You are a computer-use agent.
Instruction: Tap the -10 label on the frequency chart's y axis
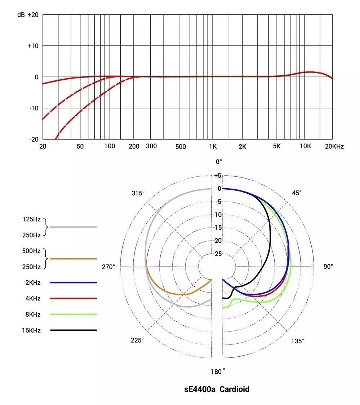pyautogui.click(x=34, y=108)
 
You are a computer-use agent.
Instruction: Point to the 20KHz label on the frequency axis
pyautogui.click(x=334, y=146)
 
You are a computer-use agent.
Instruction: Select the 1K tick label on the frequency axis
pyautogui.click(x=213, y=147)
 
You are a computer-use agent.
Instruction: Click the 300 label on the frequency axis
pyautogui.click(x=151, y=146)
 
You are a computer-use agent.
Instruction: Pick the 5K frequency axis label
pyautogui.click(x=276, y=146)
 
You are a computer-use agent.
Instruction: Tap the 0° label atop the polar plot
pyautogui.click(x=219, y=162)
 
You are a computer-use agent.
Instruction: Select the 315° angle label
pyautogui.click(x=138, y=193)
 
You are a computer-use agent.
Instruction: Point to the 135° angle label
pyautogui.click(x=298, y=341)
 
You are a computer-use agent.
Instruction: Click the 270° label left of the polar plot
pyautogui.click(x=108, y=267)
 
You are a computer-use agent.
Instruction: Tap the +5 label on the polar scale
pyautogui.click(x=217, y=176)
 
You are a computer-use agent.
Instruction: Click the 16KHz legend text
pyautogui.click(x=31, y=330)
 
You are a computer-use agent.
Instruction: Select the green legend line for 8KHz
pyautogui.click(x=74, y=314)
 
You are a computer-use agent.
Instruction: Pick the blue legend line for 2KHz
pyautogui.click(x=74, y=283)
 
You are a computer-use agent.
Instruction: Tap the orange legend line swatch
pyautogui.click(x=74, y=259)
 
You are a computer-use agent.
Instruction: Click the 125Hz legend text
pyautogui.click(x=31, y=219)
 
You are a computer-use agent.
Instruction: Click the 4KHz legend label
pyautogui.click(x=32, y=299)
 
